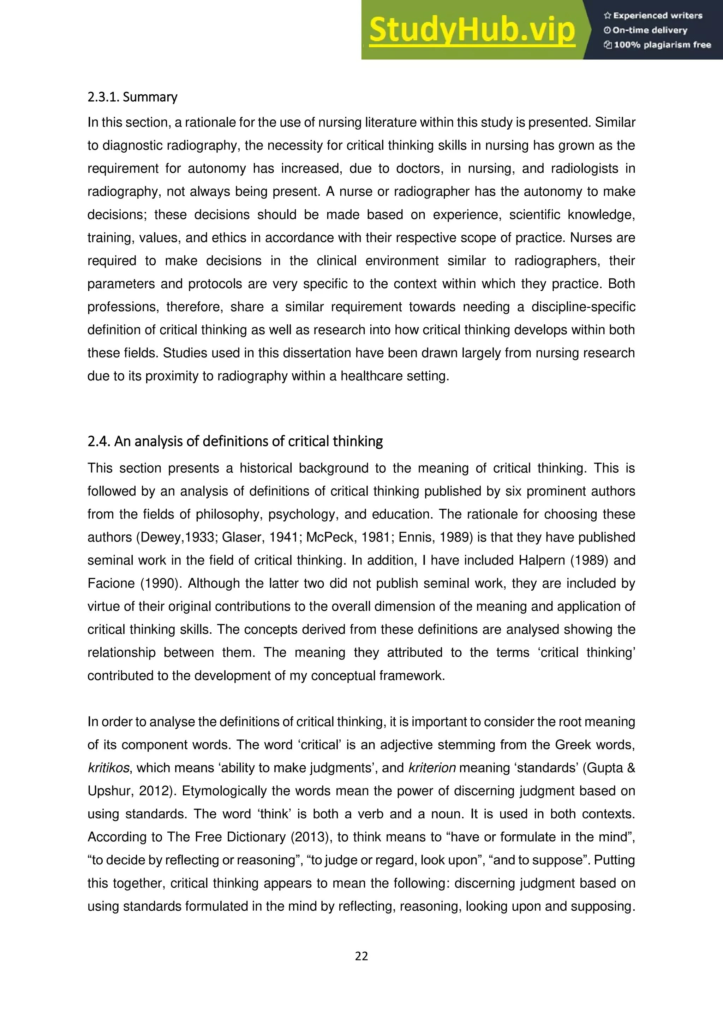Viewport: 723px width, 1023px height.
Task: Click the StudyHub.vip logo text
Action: [472, 30]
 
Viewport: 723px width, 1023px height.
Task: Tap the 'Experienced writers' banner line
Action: [653, 16]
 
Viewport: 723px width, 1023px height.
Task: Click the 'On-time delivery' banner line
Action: [646, 30]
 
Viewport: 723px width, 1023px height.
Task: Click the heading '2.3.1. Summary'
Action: [132, 97]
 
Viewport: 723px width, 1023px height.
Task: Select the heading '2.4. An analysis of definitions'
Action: [235, 441]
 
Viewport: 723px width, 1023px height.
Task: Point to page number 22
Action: [361, 956]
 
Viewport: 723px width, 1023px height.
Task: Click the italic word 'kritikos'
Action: [108, 768]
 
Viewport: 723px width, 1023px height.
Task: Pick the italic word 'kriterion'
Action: [432, 768]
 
